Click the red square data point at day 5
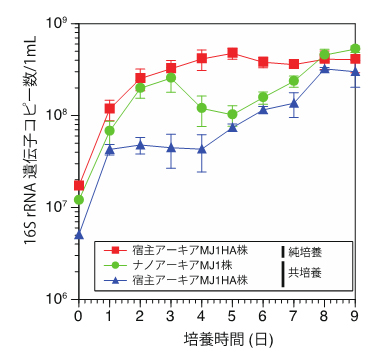tap(232, 53)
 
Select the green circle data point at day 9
tap(355, 48)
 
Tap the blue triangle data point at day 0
tap(78, 235)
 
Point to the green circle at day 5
tap(232, 114)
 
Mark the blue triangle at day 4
tap(202, 149)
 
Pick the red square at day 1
tap(109, 108)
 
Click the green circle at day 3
tap(171, 77)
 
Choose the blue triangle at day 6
tap(263, 108)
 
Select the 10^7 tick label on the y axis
tap(58, 206)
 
